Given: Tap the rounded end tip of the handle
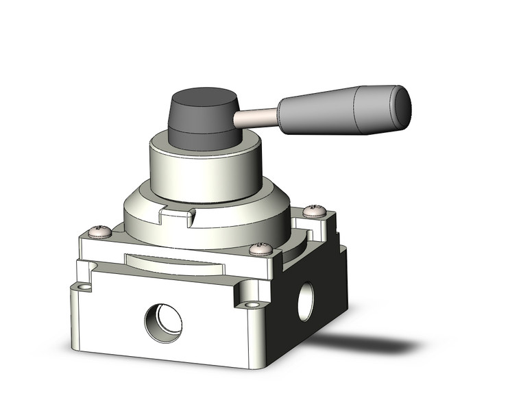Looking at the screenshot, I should point(403,103).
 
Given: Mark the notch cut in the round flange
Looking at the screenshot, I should point(175,218).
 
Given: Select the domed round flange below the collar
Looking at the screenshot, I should point(226,223).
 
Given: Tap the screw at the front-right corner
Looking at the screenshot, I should point(262,249).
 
